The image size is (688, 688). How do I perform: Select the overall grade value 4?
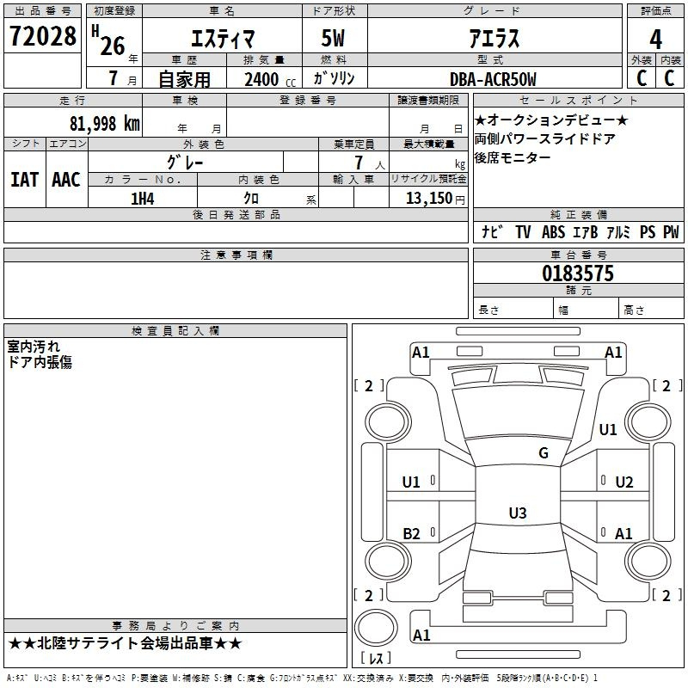655,39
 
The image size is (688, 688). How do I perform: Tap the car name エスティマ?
221,39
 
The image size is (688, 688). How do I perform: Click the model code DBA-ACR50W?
493,79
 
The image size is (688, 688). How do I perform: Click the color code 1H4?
142,199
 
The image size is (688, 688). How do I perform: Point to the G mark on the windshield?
544,453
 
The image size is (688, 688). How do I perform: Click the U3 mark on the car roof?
517,513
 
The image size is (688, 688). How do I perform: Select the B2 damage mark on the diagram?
412,534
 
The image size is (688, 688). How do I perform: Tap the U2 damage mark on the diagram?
624,482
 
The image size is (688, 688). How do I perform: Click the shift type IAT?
24,179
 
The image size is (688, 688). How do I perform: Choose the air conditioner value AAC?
66,179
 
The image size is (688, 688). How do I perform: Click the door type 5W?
335,39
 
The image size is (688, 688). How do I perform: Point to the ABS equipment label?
553,232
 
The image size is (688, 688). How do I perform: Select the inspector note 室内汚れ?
34,347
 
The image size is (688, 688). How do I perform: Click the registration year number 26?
112,46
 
